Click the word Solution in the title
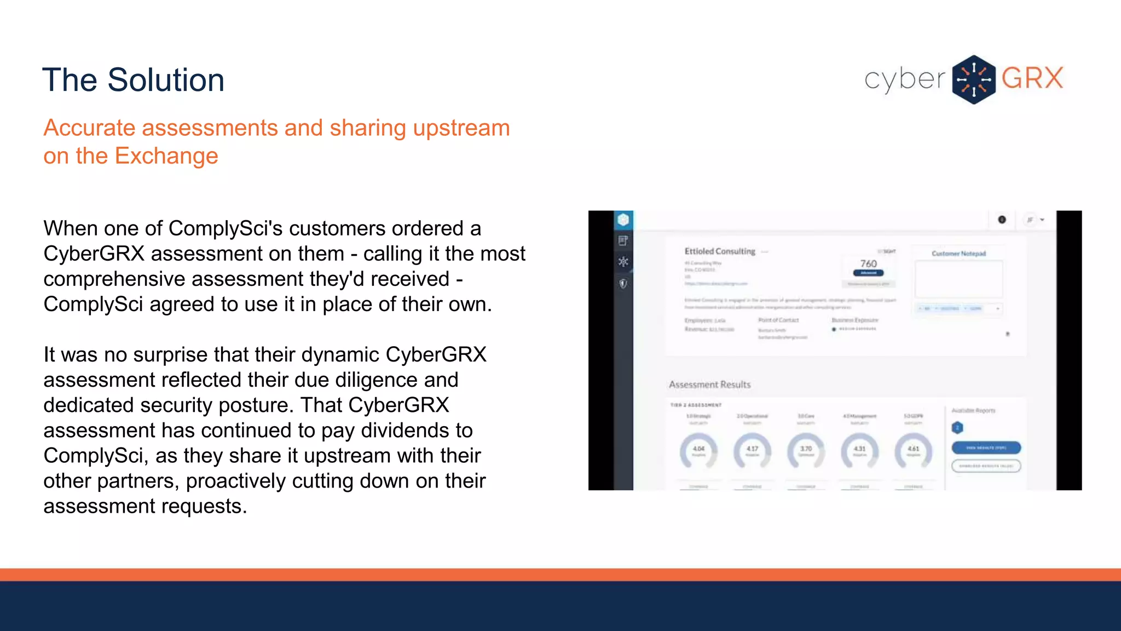pos(166,80)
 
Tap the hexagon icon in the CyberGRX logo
pos(973,79)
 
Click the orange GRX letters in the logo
pos(1032,78)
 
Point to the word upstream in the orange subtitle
pos(461,128)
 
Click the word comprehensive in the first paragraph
pos(114,279)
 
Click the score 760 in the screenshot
pos(868,263)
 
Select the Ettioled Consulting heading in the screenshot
pos(720,251)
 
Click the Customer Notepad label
pos(958,254)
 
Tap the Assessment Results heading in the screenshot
pos(709,385)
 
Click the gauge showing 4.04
pos(698,451)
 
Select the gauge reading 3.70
pos(806,451)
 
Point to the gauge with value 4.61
pos(913,451)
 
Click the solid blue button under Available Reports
pos(986,448)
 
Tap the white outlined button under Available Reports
pos(986,466)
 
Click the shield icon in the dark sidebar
pos(623,284)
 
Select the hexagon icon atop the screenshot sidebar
pos(623,220)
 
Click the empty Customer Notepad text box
pos(958,279)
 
